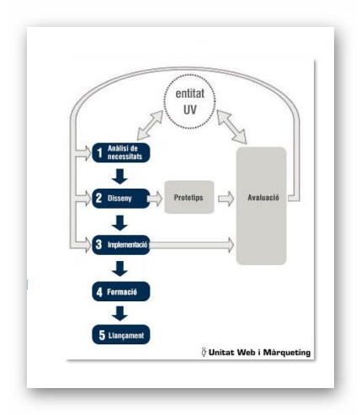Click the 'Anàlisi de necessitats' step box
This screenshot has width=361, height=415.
(121, 152)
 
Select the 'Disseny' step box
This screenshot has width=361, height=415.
(121, 199)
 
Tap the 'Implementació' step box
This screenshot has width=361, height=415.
(121, 245)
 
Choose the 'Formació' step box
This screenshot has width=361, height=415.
(121, 291)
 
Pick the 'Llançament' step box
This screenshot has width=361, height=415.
(121, 334)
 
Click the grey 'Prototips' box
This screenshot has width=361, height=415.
(189, 197)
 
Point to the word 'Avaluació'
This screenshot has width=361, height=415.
(263, 198)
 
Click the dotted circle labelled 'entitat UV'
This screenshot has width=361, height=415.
(189, 102)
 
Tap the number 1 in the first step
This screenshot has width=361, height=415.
(99, 153)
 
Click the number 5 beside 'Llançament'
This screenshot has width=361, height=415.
(102, 335)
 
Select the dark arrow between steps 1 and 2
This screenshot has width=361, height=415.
(119, 176)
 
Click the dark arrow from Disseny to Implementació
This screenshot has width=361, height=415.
(119, 223)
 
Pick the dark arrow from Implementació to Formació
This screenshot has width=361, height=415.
(119, 269)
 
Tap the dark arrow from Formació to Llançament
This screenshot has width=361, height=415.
(119, 313)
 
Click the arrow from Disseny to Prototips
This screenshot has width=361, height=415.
(155, 199)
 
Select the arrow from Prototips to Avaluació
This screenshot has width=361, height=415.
(226, 199)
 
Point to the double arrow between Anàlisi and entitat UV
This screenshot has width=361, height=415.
(150, 125)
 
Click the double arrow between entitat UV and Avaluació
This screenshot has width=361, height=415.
(231, 127)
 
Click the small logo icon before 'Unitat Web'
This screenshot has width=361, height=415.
(204, 352)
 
